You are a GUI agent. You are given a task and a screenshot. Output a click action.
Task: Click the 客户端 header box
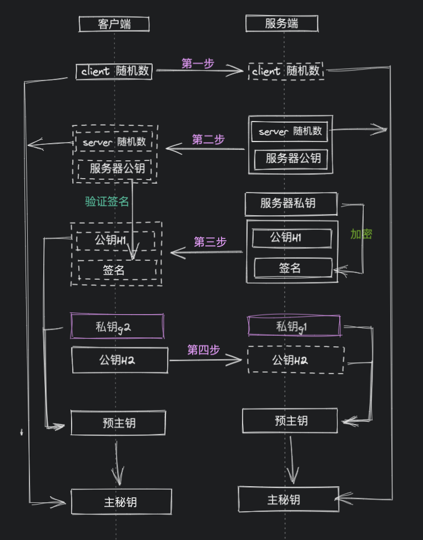114,24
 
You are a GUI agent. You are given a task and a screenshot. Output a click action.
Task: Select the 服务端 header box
281,23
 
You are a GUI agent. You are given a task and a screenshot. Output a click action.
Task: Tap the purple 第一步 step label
198,64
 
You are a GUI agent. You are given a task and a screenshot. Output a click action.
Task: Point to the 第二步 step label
208,140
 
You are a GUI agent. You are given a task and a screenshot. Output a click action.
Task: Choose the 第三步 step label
210,242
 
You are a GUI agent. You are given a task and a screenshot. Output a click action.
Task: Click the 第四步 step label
203,350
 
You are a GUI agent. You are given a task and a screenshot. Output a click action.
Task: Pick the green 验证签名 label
107,201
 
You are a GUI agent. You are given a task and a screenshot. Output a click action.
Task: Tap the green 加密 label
361,234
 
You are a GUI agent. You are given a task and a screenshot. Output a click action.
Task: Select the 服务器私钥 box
291,203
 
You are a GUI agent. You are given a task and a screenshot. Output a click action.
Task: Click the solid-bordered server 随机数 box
290,132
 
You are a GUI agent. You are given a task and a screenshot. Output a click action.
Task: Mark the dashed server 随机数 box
114,142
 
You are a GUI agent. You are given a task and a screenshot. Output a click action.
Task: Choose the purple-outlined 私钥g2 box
117,326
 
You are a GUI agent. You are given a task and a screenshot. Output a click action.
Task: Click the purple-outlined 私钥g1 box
294,326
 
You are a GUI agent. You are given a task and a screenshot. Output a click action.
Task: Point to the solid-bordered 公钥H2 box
119,360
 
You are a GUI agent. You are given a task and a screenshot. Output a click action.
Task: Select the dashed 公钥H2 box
295,360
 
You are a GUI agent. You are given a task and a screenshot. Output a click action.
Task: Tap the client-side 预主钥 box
118,423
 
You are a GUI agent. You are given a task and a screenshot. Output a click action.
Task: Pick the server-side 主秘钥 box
288,499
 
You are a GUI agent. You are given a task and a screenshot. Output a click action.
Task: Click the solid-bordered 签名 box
293,268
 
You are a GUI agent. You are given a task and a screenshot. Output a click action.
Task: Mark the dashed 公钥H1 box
115,240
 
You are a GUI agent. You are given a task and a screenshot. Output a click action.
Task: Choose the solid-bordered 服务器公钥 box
291,159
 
